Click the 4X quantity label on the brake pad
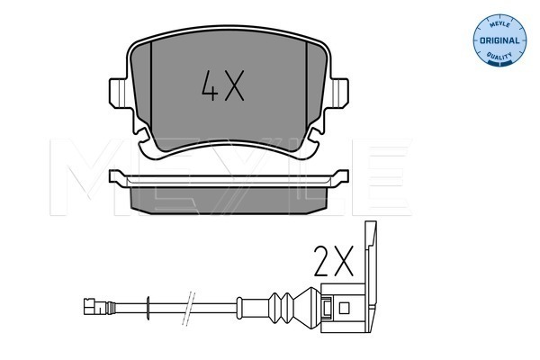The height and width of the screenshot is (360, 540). [223, 85]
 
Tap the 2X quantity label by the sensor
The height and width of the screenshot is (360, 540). [333, 261]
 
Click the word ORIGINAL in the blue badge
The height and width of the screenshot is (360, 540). [499, 40]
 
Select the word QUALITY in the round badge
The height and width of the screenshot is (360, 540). [499, 55]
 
